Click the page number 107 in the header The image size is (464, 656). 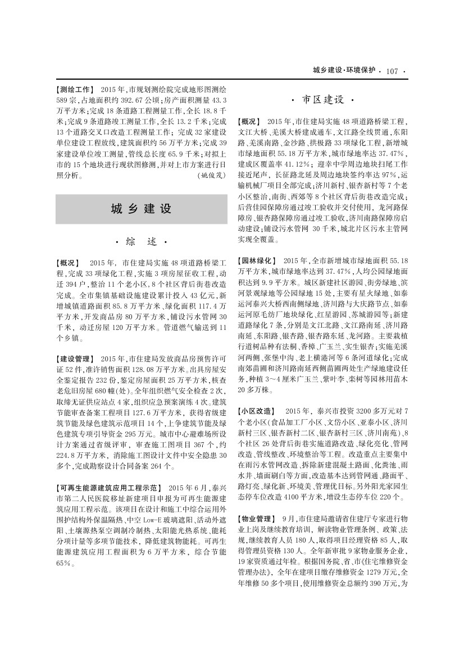(392, 71)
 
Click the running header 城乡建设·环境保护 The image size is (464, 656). (344, 71)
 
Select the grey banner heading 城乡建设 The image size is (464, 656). (141, 209)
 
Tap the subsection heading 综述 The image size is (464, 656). (141, 242)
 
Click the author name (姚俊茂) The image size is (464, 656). (212, 175)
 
